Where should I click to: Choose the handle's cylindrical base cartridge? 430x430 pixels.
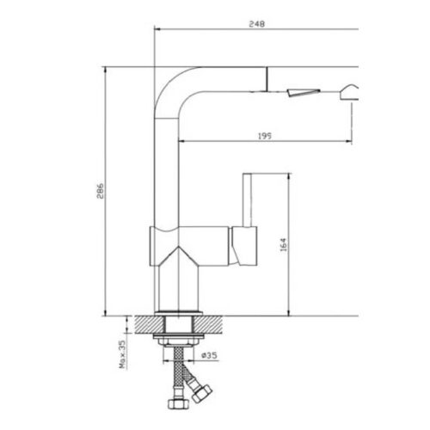coord(243,248)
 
